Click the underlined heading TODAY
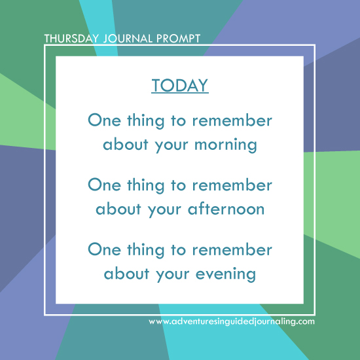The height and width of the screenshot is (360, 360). (x=179, y=86)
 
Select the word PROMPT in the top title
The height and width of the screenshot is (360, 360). (x=178, y=38)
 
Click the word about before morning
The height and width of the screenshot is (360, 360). (x=126, y=144)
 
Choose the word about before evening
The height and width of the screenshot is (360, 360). (x=126, y=273)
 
